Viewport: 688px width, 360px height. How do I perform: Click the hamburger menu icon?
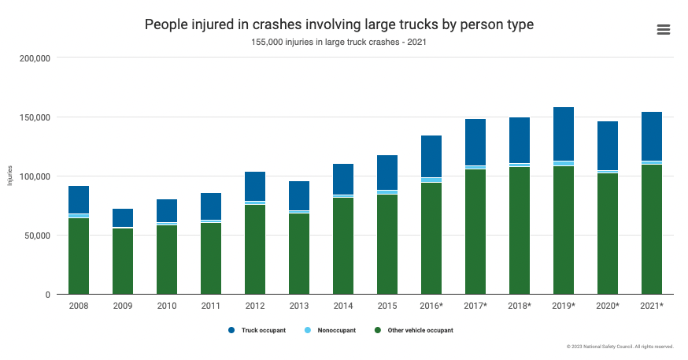click(x=663, y=29)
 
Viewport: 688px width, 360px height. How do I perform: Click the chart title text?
click(x=339, y=24)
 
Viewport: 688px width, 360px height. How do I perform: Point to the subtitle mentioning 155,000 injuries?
click(x=339, y=43)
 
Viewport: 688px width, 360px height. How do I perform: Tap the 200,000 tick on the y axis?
click(x=34, y=58)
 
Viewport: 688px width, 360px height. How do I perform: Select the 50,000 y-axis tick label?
click(x=36, y=236)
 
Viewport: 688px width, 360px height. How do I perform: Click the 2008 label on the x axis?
click(x=79, y=305)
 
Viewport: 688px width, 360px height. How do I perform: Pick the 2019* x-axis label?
click(x=563, y=305)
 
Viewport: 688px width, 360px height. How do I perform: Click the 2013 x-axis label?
click(x=298, y=305)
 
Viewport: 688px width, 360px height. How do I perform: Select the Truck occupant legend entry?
click(x=257, y=330)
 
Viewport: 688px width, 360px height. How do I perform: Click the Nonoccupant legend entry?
click(x=334, y=330)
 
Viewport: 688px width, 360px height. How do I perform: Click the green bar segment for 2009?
click(x=123, y=261)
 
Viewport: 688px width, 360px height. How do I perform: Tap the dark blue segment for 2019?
click(x=563, y=134)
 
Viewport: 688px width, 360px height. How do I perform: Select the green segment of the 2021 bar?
click(x=651, y=229)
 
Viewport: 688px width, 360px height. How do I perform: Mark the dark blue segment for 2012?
click(x=254, y=187)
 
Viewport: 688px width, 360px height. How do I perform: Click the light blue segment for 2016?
click(x=431, y=180)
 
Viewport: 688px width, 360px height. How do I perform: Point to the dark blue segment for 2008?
click(x=79, y=199)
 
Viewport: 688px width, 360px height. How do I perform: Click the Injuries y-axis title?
click(x=10, y=176)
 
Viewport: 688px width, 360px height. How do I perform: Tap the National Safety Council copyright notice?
click(x=620, y=347)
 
